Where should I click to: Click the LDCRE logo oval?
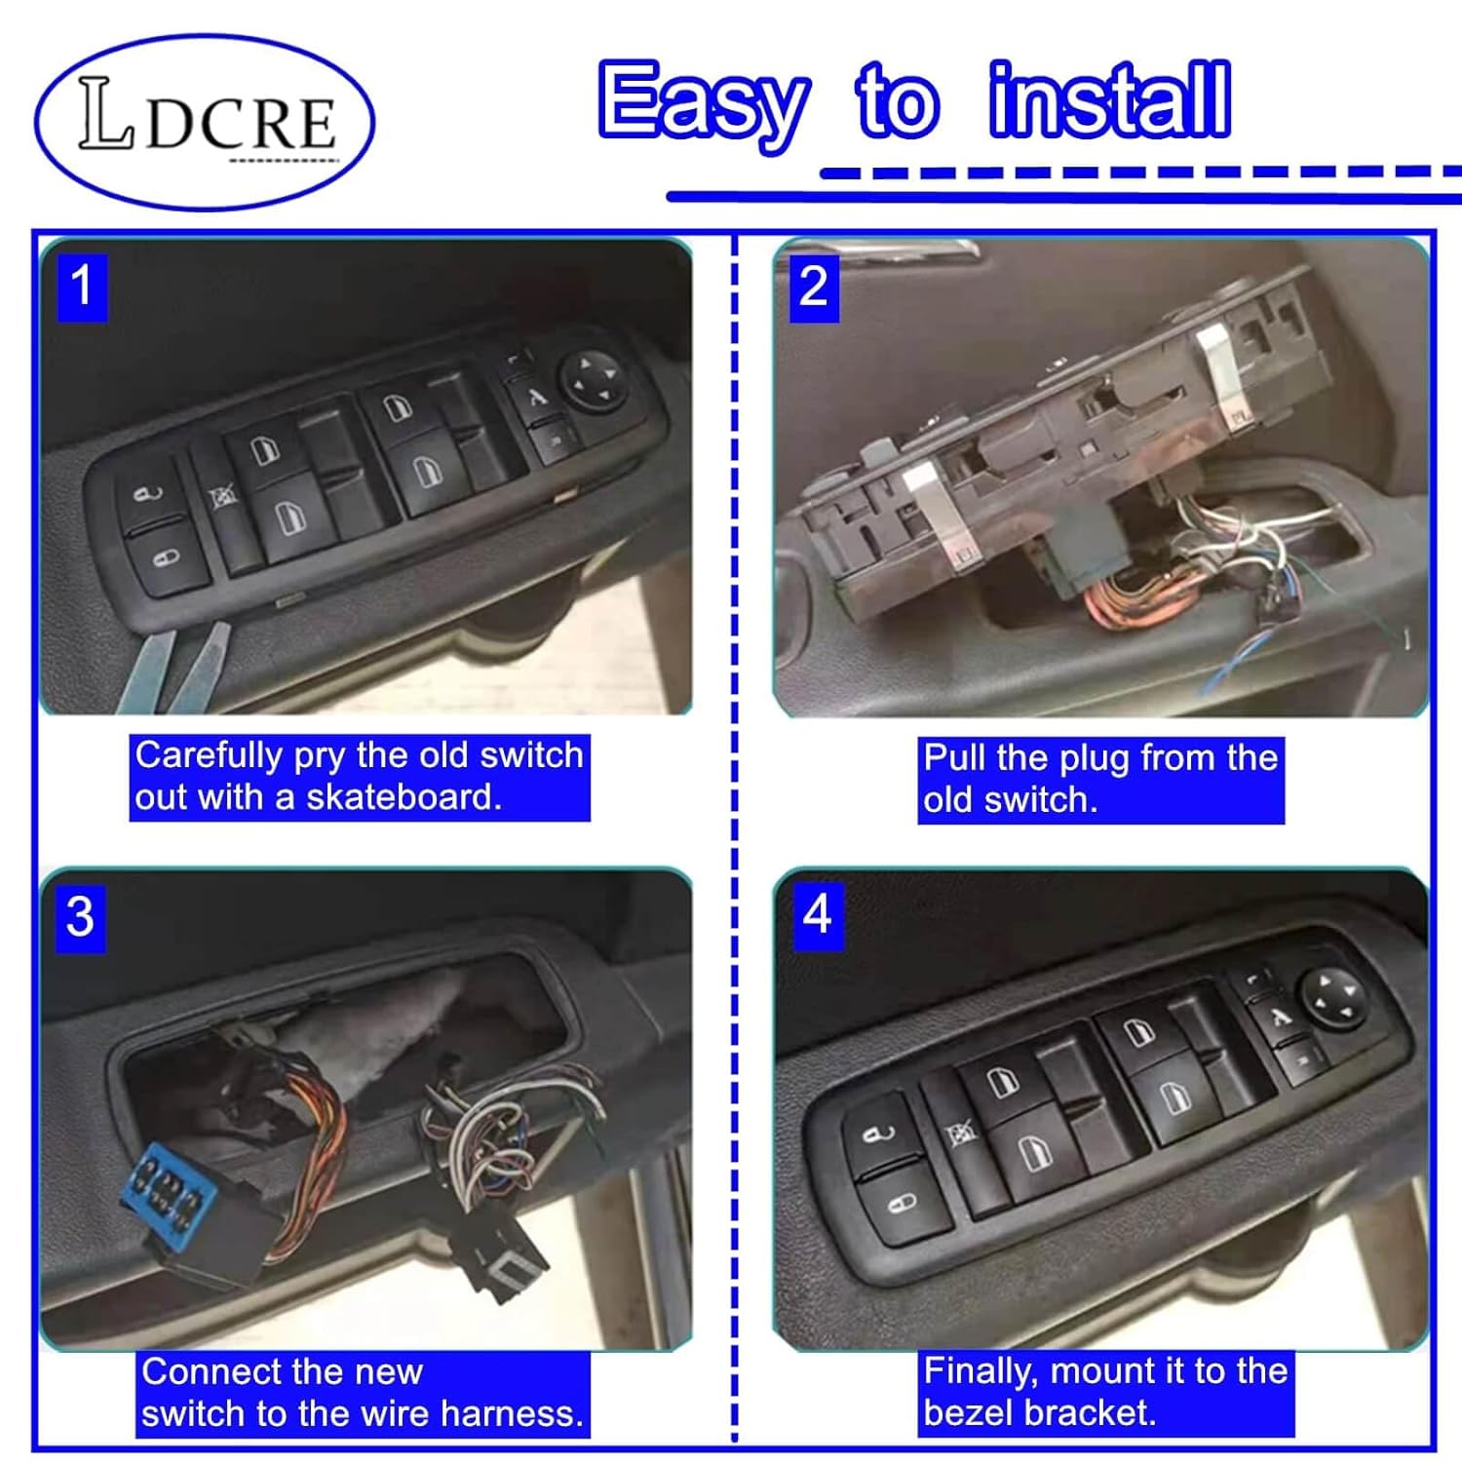205,122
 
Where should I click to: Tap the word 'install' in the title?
1109,99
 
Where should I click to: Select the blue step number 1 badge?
82,287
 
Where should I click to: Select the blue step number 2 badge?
813,287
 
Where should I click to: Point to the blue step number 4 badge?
818,915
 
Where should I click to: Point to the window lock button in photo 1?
225,498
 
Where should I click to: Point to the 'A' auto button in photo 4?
1279,1018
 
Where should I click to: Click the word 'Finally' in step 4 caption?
981,1372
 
